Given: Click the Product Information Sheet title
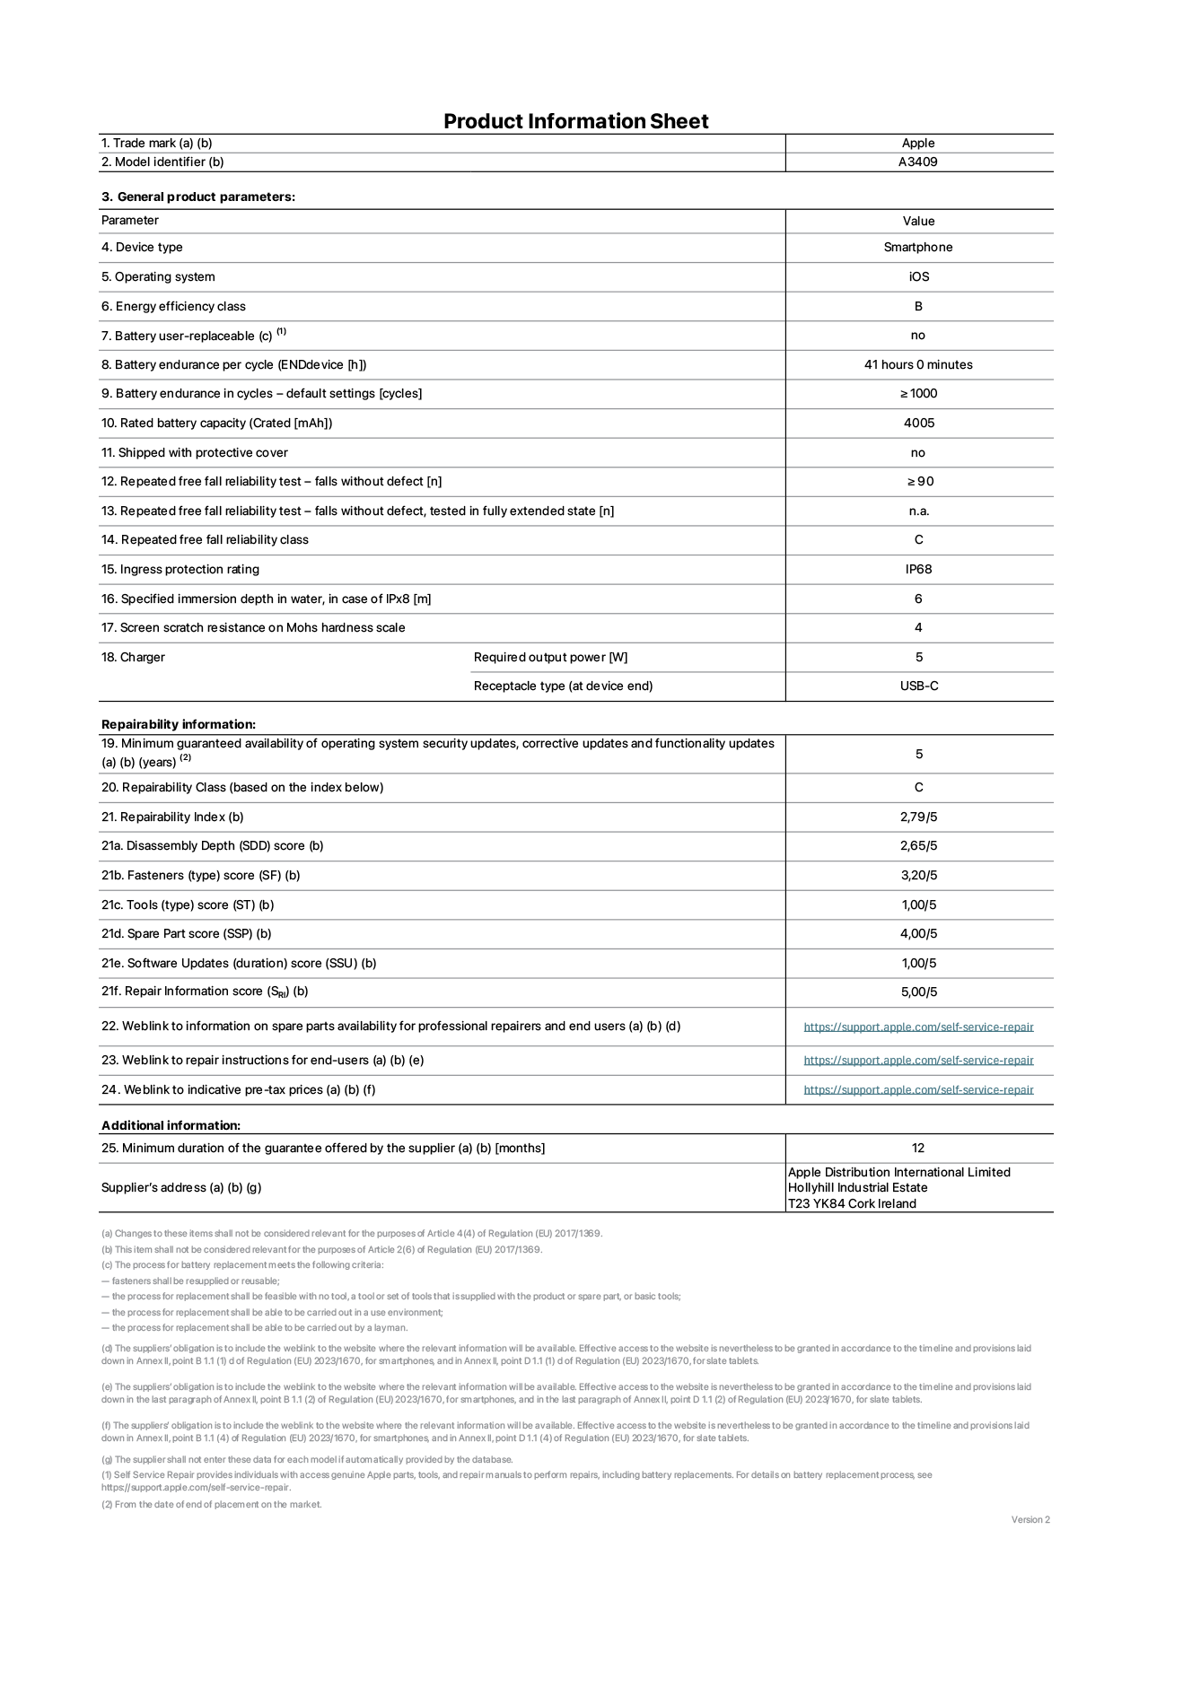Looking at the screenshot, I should pos(575,121).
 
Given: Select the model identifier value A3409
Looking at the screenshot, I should pos(917,162).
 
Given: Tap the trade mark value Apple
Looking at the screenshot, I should pos(917,143).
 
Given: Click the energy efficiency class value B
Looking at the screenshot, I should pos(917,306).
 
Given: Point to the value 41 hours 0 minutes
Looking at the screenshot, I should pos(917,364).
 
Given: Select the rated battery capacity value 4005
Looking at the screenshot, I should pos(918,423).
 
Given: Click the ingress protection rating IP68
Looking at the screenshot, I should pos(917,569).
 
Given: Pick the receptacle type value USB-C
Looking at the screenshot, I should pos(918,686).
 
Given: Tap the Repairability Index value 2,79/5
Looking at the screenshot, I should pos(918,817).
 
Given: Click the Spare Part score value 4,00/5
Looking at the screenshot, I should pos(918,933).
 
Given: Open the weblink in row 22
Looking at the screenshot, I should pos(917,1027).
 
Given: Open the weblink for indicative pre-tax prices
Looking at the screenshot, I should pos(917,1089).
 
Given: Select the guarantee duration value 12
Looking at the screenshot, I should pos(917,1148).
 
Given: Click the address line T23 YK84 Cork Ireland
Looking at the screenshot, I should pos(851,1203).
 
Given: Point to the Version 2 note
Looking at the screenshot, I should pos(1030,1519).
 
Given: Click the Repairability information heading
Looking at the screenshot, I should pos(178,724).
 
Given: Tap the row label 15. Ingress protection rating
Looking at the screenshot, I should pos(180,569).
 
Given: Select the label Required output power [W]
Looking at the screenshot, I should pos(550,657).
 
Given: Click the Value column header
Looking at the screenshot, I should pos(917,221).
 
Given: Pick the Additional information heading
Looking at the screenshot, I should pos(171,1125).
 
